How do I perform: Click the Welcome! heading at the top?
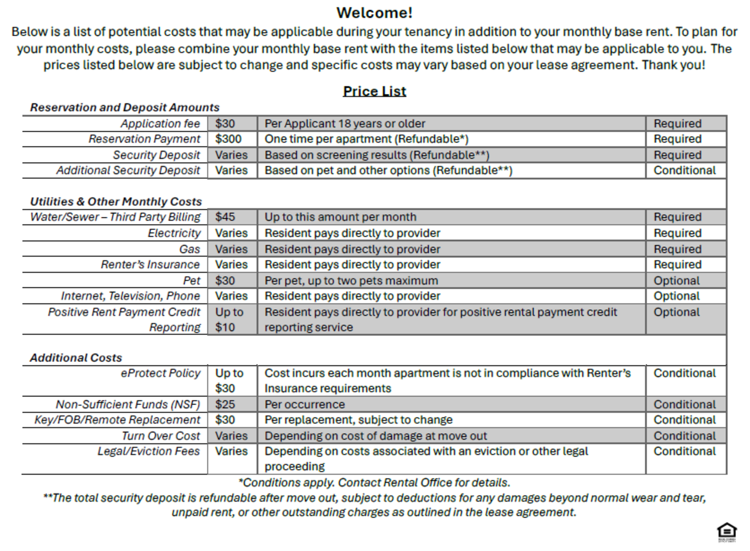tap(374, 13)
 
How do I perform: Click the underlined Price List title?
tap(374, 91)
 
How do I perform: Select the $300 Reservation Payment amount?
tap(228, 139)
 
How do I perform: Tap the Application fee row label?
tap(160, 123)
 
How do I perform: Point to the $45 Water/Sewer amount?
tap(225, 217)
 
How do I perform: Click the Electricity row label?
tap(174, 233)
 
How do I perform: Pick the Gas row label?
tap(189, 249)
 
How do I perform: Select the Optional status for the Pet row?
tap(677, 281)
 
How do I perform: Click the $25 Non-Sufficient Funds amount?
tap(225, 405)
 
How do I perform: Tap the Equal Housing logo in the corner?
tap(727, 532)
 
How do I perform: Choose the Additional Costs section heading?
tap(76, 358)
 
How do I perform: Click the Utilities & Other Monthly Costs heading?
tap(116, 202)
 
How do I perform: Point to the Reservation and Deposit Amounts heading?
tap(124, 108)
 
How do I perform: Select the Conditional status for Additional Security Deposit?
tap(685, 170)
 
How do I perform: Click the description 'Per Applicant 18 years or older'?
tap(345, 123)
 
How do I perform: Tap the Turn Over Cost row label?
tap(161, 436)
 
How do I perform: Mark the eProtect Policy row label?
tap(160, 373)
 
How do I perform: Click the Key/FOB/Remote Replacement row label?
tap(117, 420)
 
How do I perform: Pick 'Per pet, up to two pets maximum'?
tap(351, 281)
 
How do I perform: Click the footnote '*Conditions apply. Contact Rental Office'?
tap(374, 483)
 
